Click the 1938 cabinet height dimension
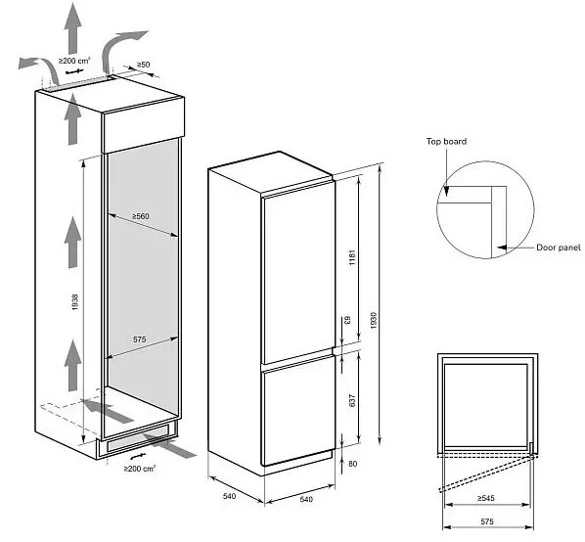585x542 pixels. pos(75,302)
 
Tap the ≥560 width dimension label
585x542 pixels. pos(140,216)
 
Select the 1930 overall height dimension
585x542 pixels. pos(375,321)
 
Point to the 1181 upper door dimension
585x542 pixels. pos(352,257)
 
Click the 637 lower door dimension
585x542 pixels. pos(352,400)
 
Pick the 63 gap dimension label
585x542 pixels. pos(347,320)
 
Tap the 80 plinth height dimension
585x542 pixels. pos(352,464)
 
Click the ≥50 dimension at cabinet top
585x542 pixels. pos(143,65)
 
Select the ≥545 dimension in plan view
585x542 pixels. pos(485,498)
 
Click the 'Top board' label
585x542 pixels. pos(446,142)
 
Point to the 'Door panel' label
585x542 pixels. pos(559,248)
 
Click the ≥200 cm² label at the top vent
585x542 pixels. pos(74,60)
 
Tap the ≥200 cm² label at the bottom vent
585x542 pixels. pos(140,469)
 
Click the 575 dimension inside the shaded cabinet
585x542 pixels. pos(140,339)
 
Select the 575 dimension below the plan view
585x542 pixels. pos(487,521)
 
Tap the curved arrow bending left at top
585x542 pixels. pos(39,70)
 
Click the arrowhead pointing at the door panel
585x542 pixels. pos(502,248)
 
